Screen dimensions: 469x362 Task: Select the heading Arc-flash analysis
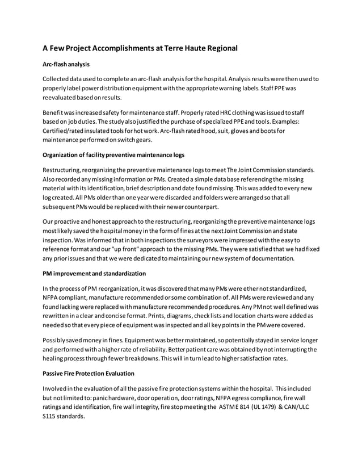[x=66, y=65]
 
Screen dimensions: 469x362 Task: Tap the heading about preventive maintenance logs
[x=113, y=155]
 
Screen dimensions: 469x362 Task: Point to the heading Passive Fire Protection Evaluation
[x=89, y=373]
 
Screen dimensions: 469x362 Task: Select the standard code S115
[x=53, y=416]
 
